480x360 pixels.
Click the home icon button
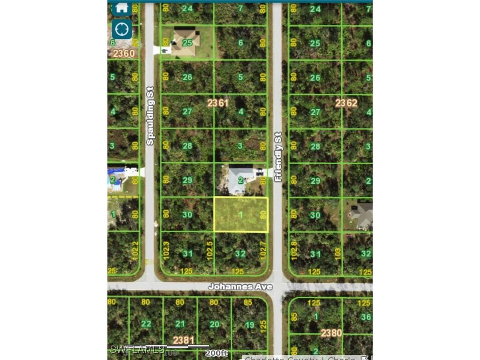pyautogui.click(x=121, y=7)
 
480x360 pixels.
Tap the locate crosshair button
pyautogui.click(x=121, y=29)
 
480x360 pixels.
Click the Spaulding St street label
pyautogui.click(x=150, y=115)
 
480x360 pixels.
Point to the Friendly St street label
pyautogui.click(x=278, y=157)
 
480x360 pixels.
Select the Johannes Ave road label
pyautogui.click(x=240, y=286)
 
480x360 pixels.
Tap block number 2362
pyautogui.click(x=346, y=103)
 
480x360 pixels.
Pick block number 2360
pyautogui.click(x=124, y=53)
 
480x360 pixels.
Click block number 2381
pyautogui.click(x=184, y=340)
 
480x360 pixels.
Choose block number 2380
pyautogui.click(x=331, y=333)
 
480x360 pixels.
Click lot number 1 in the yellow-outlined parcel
pyautogui.click(x=241, y=215)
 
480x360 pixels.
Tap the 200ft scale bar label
pyautogui.click(x=218, y=352)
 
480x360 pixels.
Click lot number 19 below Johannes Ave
pyautogui.click(x=249, y=324)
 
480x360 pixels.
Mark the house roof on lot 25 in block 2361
pyautogui.click(x=185, y=42)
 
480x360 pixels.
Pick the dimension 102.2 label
pyautogui.click(x=135, y=250)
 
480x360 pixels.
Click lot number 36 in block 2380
pyautogui.click(x=366, y=317)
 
